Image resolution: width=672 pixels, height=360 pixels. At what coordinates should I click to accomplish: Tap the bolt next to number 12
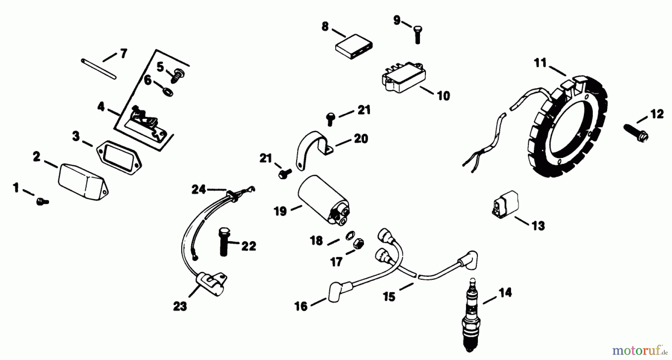(636, 132)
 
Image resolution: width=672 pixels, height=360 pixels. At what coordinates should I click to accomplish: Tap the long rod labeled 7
(99, 68)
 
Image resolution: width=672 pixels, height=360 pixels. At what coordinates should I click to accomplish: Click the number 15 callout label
(389, 297)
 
